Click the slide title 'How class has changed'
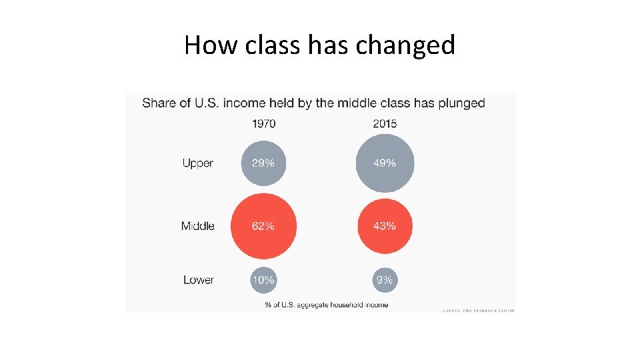pyautogui.click(x=319, y=45)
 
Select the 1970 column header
pyautogui.click(x=263, y=123)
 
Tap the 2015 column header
pyautogui.click(x=385, y=123)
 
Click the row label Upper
pyautogui.click(x=198, y=163)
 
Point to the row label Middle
pyautogui.click(x=197, y=226)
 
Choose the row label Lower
pyautogui.click(x=199, y=280)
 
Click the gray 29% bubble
pyautogui.click(x=263, y=163)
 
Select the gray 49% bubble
pyautogui.click(x=385, y=163)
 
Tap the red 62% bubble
pyautogui.click(x=263, y=226)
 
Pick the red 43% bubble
pyautogui.click(x=385, y=226)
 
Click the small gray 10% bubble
pyautogui.click(x=263, y=280)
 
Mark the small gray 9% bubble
pyautogui.click(x=385, y=280)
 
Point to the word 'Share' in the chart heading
pyautogui.click(x=159, y=103)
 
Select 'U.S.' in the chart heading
pyautogui.click(x=205, y=103)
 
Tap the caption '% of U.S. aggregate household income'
pyautogui.click(x=326, y=305)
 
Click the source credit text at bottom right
pyautogui.click(x=478, y=310)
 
